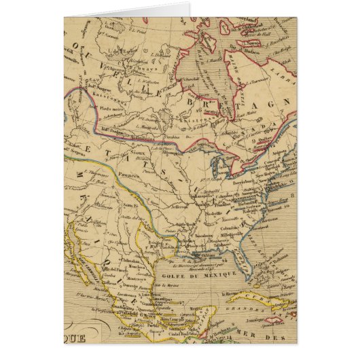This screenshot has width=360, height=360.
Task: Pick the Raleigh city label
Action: [249, 211]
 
